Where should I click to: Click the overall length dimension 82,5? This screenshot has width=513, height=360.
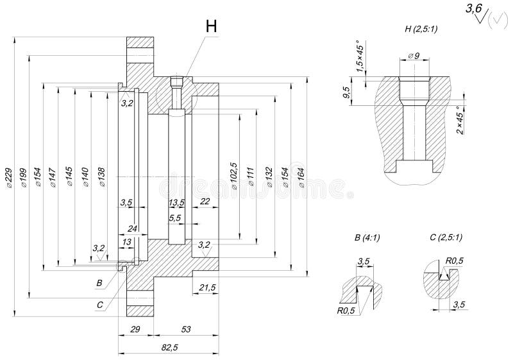(x=169, y=347)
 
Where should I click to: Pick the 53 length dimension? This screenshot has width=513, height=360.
(x=186, y=329)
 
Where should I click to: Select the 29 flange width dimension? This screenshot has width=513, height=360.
(x=135, y=329)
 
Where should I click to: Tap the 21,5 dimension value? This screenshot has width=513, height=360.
(x=208, y=287)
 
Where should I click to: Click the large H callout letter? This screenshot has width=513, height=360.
(x=211, y=26)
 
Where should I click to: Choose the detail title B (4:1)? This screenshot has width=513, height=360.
(x=367, y=237)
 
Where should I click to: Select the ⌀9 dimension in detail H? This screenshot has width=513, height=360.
(x=413, y=57)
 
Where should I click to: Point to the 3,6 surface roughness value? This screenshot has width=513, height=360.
(x=473, y=8)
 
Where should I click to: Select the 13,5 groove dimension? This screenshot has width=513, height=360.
(x=176, y=203)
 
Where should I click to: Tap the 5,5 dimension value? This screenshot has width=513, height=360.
(x=174, y=219)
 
